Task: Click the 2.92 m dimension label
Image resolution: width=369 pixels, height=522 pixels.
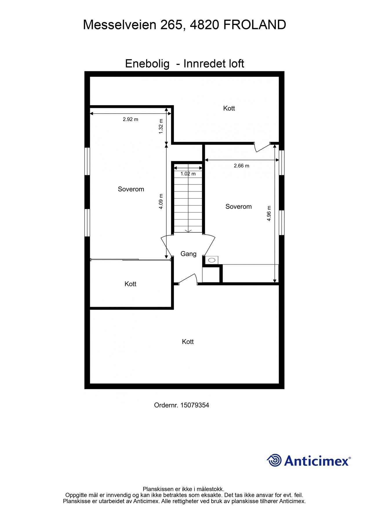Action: point(130,119)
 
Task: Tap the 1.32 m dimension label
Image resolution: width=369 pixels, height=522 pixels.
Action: point(161,126)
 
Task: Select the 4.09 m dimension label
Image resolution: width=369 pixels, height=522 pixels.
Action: point(161,201)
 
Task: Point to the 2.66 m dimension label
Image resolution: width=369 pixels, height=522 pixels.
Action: point(241,166)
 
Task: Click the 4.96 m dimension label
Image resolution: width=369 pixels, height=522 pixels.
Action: point(269,213)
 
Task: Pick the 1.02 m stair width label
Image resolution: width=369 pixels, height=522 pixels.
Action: point(188,174)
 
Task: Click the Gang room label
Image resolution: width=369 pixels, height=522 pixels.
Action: point(188,254)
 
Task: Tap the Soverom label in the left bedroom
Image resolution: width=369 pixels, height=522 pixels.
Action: point(131,189)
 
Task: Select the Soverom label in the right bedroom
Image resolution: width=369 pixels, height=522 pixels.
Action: point(239,206)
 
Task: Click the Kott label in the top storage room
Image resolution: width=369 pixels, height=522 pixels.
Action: point(229,108)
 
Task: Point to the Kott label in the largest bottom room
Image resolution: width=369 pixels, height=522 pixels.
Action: point(188,342)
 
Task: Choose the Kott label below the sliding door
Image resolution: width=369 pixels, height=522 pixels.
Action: point(130,284)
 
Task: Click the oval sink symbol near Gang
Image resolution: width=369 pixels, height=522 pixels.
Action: point(212,260)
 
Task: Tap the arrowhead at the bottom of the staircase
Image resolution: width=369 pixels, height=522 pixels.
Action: point(188,231)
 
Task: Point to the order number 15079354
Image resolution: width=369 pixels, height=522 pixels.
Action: point(195,405)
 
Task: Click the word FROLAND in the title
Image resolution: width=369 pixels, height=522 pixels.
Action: point(255,25)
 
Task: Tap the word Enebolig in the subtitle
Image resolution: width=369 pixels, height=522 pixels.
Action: point(147,64)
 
